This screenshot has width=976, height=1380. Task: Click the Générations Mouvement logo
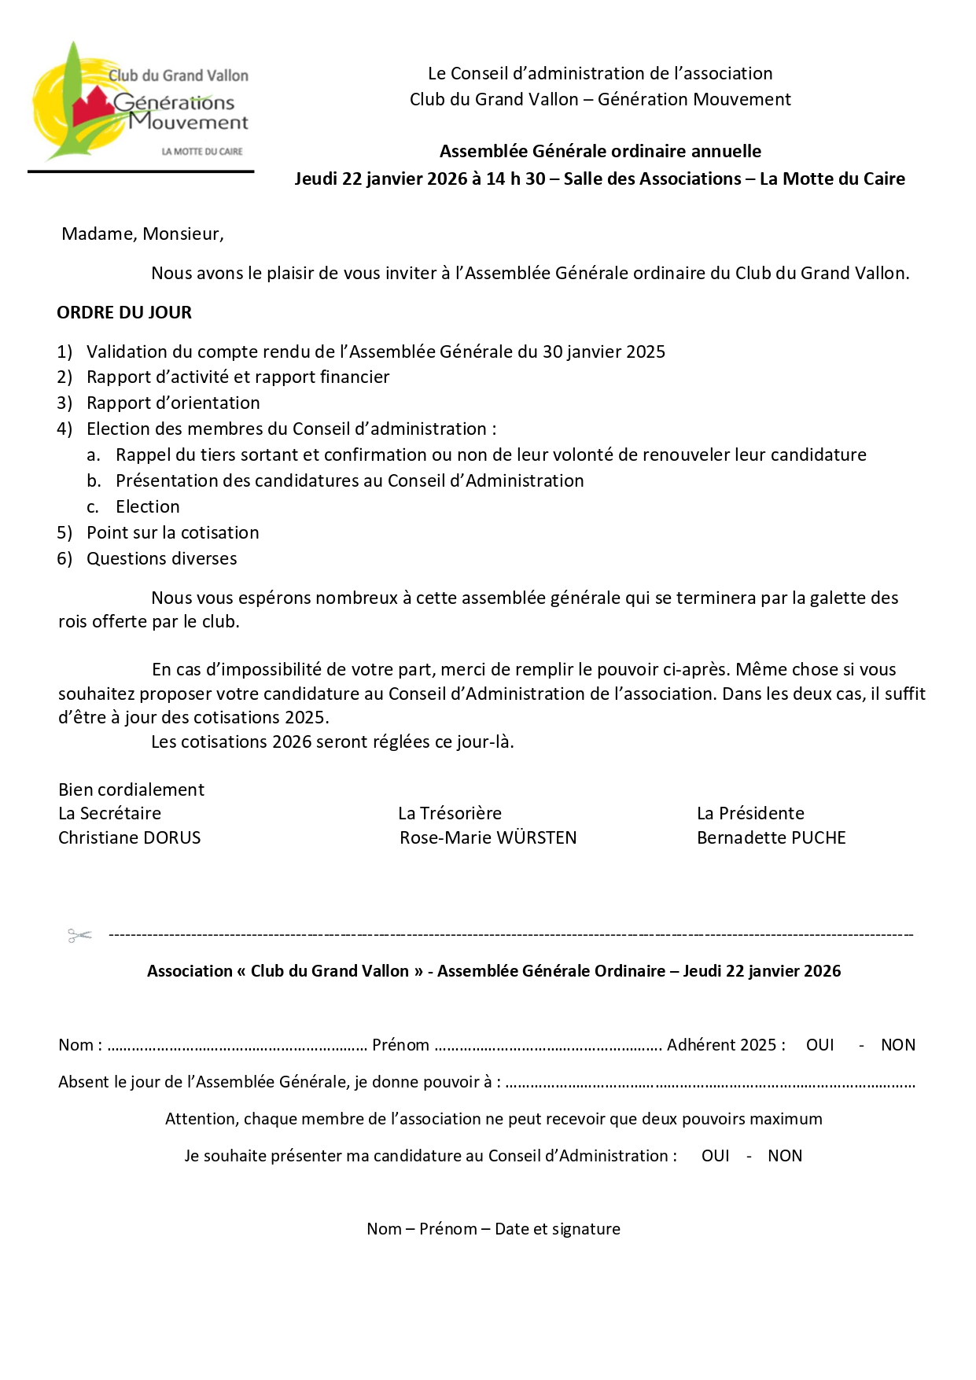(140, 102)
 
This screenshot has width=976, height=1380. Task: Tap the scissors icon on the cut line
(79, 935)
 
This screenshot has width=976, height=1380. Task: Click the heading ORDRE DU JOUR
(124, 313)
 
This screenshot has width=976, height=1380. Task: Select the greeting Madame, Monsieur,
(142, 234)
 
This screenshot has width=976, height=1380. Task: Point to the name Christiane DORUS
(130, 838)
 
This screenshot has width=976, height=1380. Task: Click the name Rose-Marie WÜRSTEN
(488, 838)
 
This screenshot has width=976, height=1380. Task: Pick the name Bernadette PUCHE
(771, 838)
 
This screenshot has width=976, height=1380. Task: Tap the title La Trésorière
(449, 814)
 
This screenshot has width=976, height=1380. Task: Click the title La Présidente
(750, 814)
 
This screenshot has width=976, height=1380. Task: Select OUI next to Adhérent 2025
(819, 1045)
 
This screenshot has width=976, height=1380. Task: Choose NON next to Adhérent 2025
(897, 1045)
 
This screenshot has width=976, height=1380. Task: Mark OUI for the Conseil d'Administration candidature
(715, 1156)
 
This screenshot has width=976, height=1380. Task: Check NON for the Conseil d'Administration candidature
(784, 1156)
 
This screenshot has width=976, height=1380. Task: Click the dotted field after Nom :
(237, 1047)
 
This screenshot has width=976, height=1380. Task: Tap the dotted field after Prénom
(548, 1047)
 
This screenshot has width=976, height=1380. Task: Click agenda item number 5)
(64, 533)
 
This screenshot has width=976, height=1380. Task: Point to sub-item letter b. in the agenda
(94, 481)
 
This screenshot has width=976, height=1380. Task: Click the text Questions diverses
(161, 559)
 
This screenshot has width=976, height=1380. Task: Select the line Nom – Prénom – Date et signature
(493, 1229)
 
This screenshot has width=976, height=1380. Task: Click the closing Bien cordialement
(131, 790)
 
